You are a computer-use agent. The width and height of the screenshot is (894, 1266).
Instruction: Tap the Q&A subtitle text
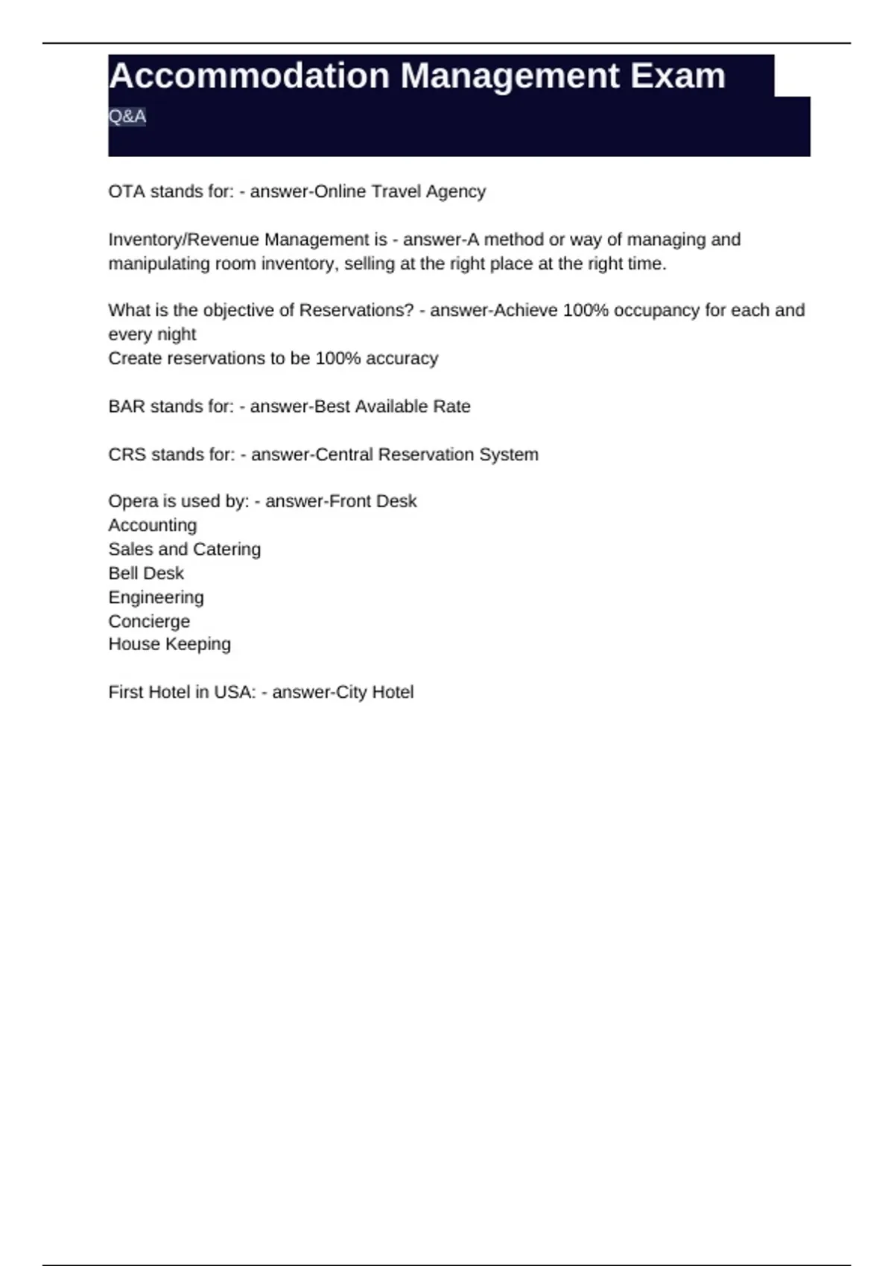[127, 116]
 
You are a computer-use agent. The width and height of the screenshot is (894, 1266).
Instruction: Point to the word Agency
[455, 191]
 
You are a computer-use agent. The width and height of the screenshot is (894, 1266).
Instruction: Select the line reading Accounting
[153, 525]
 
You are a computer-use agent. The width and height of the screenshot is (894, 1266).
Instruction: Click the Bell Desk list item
[146, 573]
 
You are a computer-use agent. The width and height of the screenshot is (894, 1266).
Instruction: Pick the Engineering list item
[156, 597]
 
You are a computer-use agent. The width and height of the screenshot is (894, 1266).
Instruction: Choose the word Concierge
[149, 621]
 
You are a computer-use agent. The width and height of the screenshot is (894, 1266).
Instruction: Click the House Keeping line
[169, 644]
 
